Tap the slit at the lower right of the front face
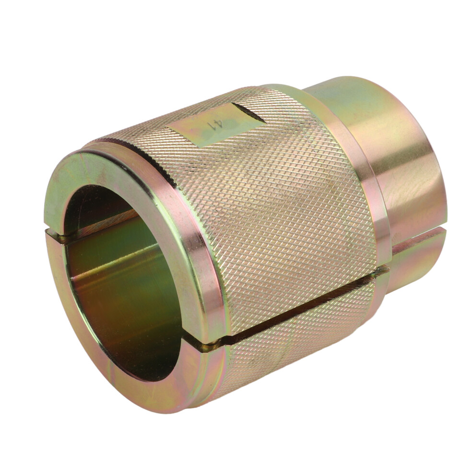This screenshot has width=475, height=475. click(210, 346)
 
